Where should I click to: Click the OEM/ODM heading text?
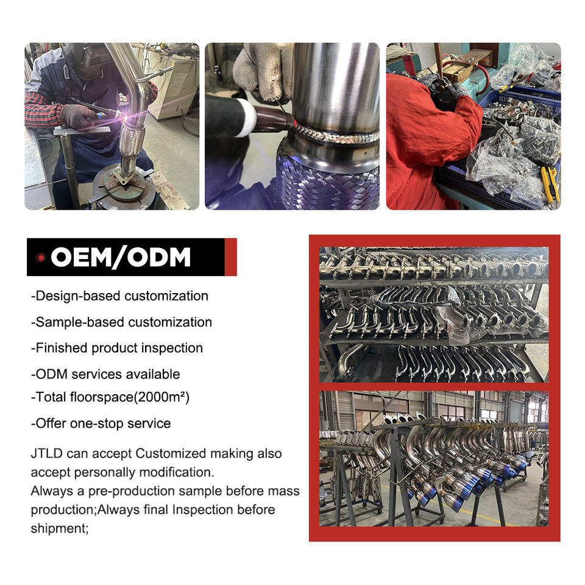tap(121, 257)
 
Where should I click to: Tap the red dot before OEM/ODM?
tap(41, 257)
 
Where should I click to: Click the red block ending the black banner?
tap(230, 257)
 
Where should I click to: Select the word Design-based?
tap(77, 296)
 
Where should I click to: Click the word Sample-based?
tap(79, 322)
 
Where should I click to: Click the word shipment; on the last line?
tap(60, 529)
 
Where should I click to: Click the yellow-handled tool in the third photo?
tap(550, 184)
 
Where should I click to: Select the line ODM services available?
tap(105, 374)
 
